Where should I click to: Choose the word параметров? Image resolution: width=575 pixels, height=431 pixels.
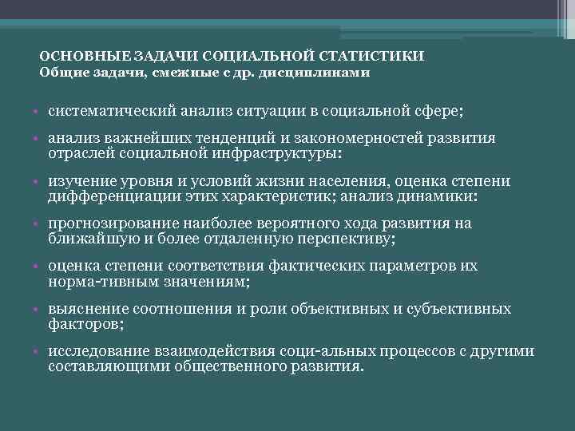(x=440, y=267)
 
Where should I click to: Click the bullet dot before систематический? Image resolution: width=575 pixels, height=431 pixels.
(x=38, y=110)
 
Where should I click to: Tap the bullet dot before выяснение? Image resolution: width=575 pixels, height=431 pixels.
(x=38, y=310)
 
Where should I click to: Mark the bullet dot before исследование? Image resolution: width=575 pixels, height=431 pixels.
(x=38, y=354)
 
